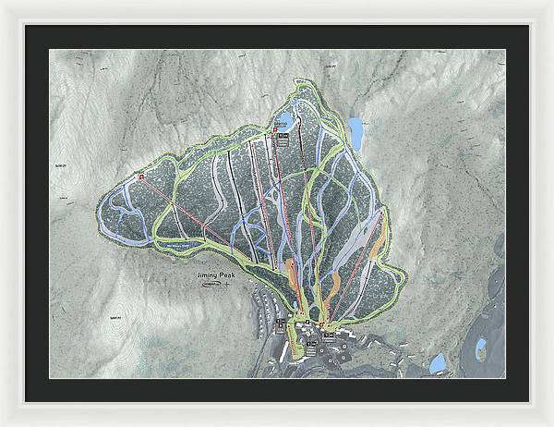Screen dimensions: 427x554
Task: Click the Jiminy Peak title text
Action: click(214, 274)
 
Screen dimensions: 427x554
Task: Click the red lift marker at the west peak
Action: click(141, 176)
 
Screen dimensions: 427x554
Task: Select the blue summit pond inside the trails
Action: click(283, 121)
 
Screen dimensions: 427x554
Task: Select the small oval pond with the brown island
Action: click(481, 348)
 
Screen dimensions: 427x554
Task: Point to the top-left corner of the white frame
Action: click(4, 4)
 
